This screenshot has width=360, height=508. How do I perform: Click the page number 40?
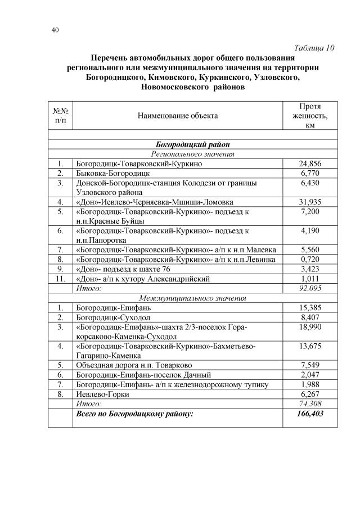coord(55,30)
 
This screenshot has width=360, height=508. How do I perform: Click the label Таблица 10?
coord(314,48)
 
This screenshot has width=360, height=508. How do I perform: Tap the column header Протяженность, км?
coord(309,116)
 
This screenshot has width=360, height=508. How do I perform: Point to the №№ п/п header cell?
coord(60,116)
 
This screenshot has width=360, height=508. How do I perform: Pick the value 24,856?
coord(309,164)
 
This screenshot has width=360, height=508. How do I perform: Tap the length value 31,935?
coord(309,202)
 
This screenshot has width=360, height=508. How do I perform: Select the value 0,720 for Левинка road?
coord(309,259)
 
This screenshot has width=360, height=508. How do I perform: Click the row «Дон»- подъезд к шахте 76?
coord(119,269)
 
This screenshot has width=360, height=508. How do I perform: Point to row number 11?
coord(60,278)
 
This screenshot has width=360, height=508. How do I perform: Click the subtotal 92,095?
coord(309,288)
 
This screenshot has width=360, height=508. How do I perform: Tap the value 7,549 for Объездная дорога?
coord(309,365)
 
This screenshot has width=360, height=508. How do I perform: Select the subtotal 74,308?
coord(309,403)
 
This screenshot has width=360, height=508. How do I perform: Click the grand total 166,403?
coord(309,414)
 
